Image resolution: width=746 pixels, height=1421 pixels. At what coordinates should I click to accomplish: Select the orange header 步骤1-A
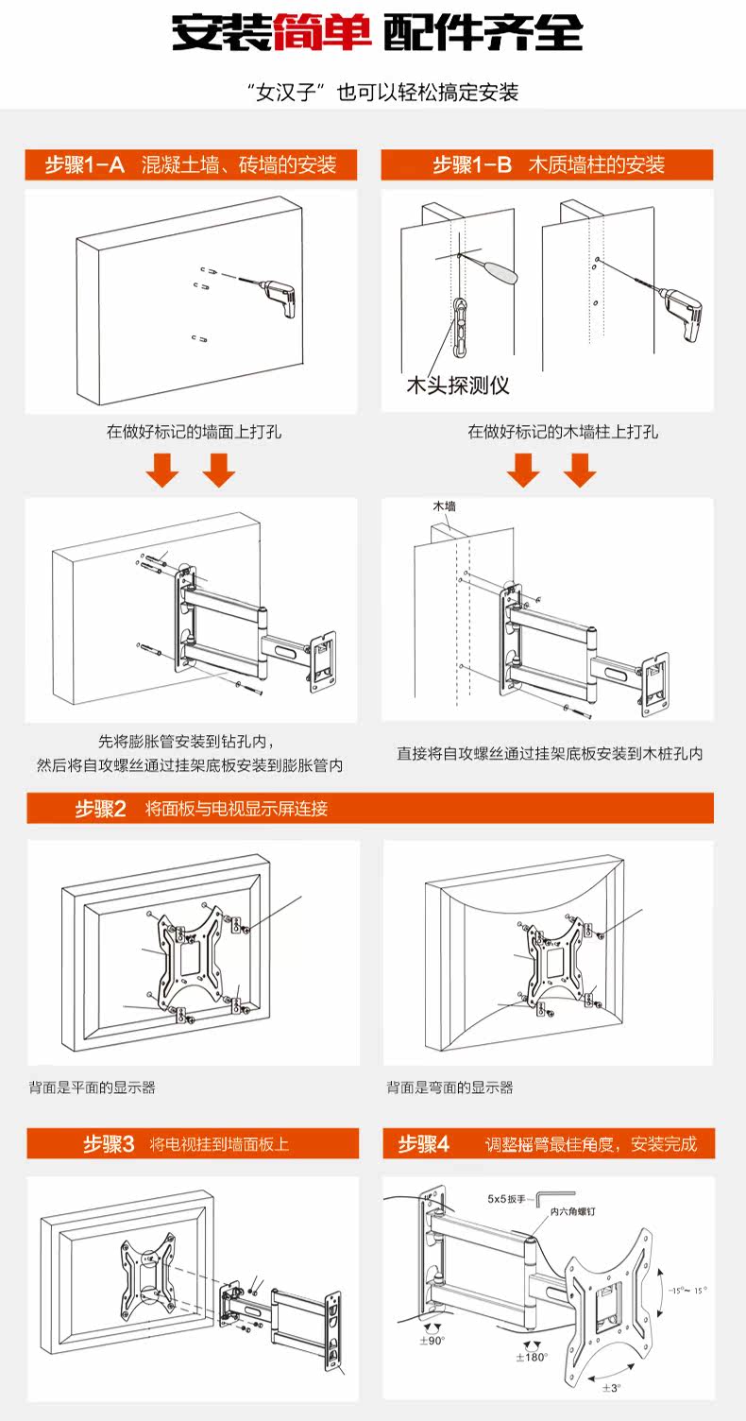point(85,164)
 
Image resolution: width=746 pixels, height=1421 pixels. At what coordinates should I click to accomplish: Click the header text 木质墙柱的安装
point(596,164)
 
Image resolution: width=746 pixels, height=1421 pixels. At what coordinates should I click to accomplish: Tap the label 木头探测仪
point(458,385)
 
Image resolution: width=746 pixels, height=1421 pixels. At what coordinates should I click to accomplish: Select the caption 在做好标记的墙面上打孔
point(194,433)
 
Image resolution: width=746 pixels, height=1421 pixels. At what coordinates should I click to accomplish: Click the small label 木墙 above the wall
point(445,506)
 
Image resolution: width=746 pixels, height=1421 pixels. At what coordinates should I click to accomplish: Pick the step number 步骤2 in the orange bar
point(101,809)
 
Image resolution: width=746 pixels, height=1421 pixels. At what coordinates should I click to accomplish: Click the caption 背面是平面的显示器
point(92,1087)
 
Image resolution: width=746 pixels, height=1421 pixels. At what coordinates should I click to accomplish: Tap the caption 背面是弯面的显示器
point(449,1087)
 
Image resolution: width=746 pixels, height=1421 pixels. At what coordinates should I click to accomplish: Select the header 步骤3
point(109,1144)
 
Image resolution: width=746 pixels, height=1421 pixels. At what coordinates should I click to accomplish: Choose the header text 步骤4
point(424,1144)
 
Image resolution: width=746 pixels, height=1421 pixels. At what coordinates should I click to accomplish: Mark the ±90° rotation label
point(432,1340)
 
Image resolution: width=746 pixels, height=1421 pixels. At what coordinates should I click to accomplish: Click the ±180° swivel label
point(533,1357)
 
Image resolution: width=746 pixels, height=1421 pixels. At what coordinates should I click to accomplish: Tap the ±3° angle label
point(612,1387)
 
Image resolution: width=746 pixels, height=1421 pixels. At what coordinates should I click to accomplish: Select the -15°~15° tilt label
point(687,1291)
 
